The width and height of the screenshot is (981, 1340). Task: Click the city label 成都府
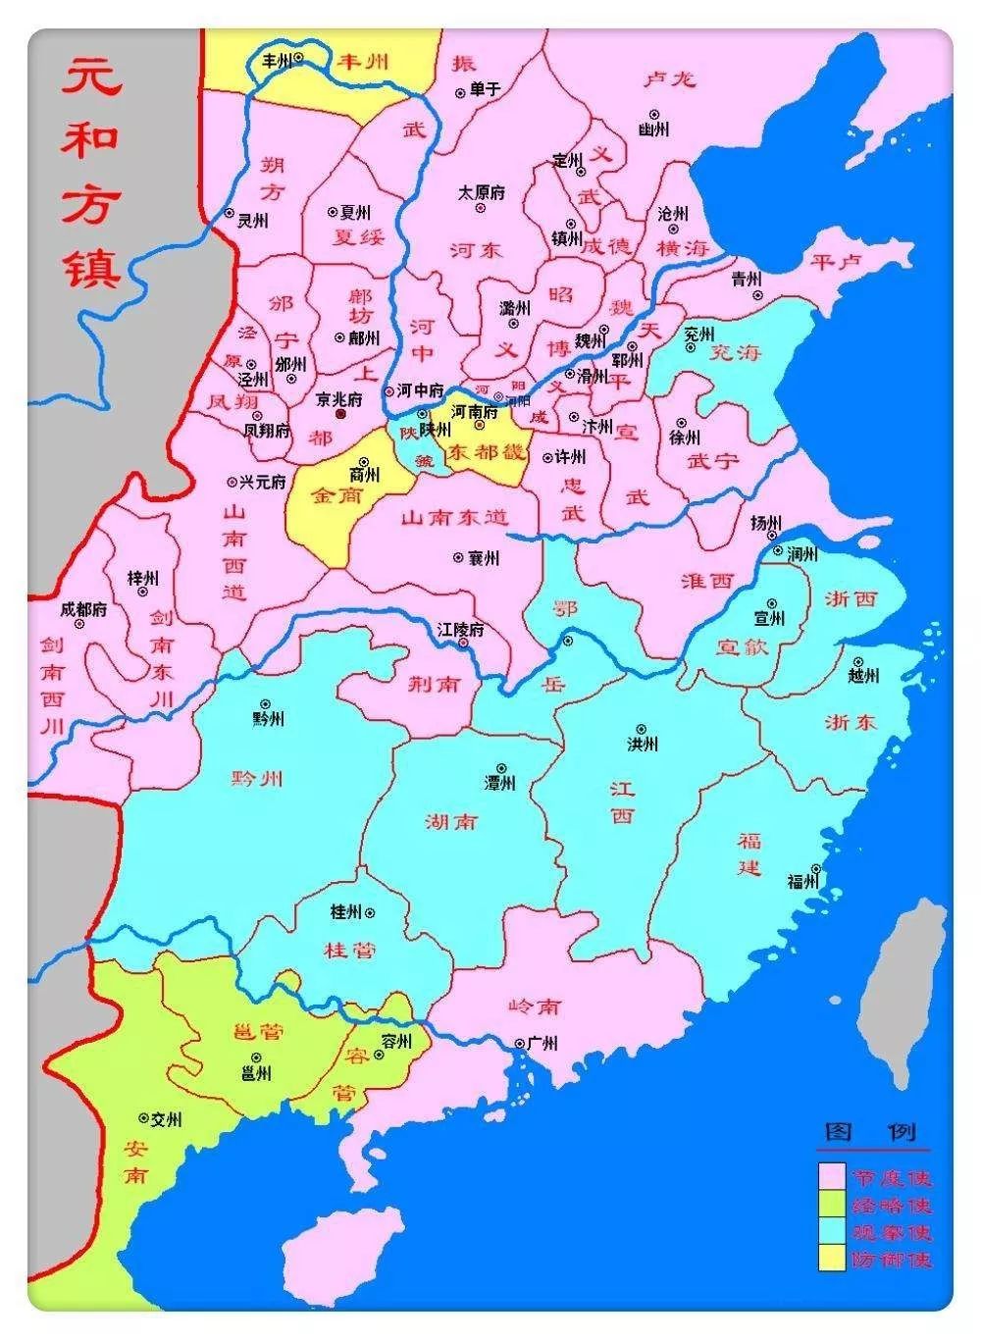tap(83, 609)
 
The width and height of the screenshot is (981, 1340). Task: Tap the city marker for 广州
tap(519, 1043)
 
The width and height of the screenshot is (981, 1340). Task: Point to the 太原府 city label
tap(482, 193)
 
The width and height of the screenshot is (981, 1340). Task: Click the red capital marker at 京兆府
tap(340, 415)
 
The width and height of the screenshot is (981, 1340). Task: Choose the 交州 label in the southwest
tap(166, 1118)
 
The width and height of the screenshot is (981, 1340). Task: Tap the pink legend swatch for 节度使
tap(832, 1177)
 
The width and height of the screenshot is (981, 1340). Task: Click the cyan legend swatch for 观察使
tap(832, 1231)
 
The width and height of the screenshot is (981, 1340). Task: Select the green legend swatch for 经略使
tap(832, 1204)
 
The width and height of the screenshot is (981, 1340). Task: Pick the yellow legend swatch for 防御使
tap(832, 1258)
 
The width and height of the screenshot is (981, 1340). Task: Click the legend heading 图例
tap(871, 1133)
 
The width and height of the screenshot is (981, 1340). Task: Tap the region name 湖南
tap(452, 821)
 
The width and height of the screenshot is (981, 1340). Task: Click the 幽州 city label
tap(653, 129)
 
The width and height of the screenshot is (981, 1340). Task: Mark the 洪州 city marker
tap(642, 729)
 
